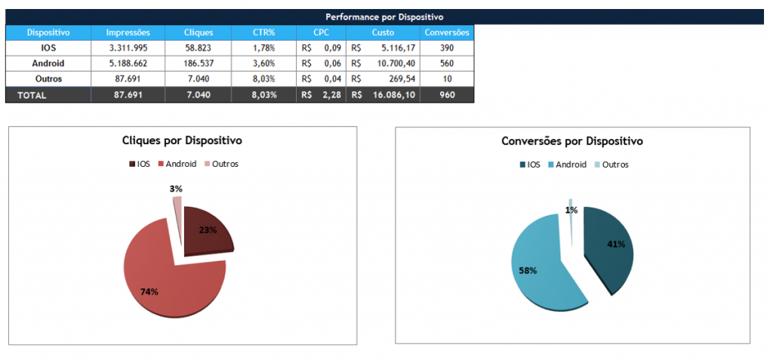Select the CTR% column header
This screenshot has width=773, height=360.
pos(264,32)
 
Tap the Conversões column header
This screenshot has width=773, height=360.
pos(447,32)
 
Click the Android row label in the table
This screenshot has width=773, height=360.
pos(48,63)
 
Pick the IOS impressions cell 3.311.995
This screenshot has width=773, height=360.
pos(127,48)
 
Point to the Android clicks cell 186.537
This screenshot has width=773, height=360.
pos(199,63)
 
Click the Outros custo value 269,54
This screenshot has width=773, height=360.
pos(400,78)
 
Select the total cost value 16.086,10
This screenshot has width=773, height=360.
pos(393,95)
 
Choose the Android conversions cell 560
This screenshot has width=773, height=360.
pos(447,63)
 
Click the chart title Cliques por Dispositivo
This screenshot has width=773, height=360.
pos(183,141)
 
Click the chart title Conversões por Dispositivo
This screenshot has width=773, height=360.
pos(572,141)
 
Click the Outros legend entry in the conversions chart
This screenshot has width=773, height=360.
pos(611,165)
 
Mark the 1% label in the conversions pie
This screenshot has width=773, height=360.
pos(571,210)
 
